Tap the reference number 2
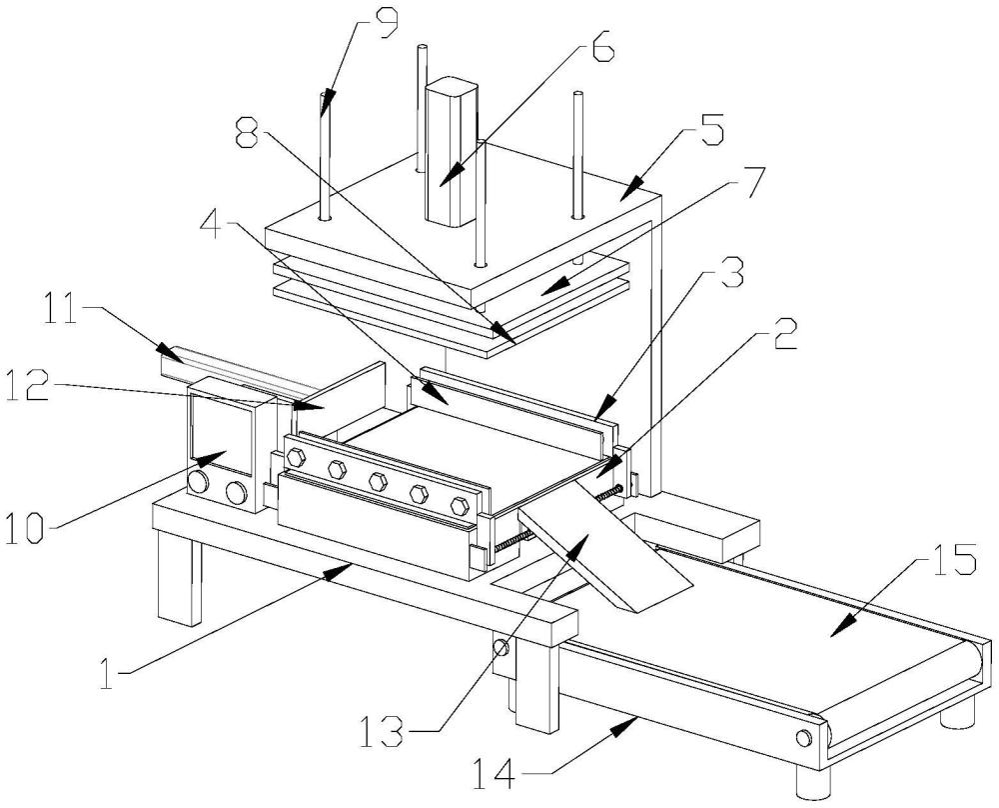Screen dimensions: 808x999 pyautogui.click(x=784, y=335)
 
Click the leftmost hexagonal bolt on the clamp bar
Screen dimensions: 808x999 pyautogui.click(x=296, y=458)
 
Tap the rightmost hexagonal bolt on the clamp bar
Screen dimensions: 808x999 pyautogui.click(x=460, y=504)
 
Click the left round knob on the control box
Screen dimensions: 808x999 pyautogui.click(x=199, y=485)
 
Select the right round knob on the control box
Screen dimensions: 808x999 pyautogui.click(x=237, y=492)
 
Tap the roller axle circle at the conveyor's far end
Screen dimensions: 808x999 pyautogui.click(x=803, y=738)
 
